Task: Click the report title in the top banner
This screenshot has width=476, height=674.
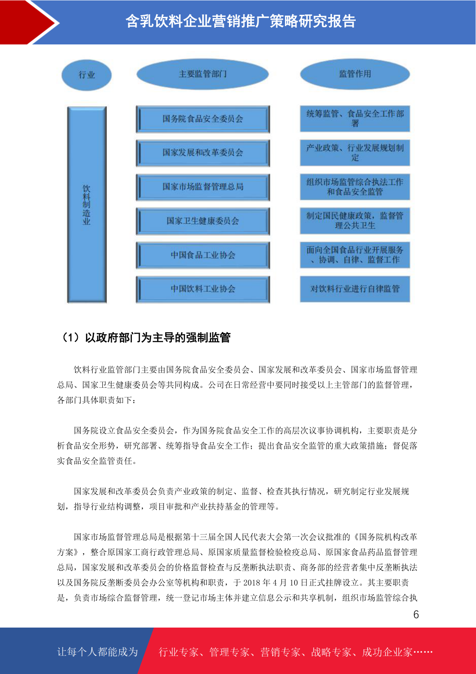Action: pyautogui.click(x=241, y=21)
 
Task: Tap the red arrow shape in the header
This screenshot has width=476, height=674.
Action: pyautogui.click(x=24, y=22)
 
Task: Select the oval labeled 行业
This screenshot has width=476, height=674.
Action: pyautogui.click(x=86, y=75)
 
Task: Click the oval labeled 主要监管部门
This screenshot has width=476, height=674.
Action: pyautogui.click(x=203, y=74)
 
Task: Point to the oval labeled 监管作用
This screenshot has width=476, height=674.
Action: pyautogui.click(x=355, y=74)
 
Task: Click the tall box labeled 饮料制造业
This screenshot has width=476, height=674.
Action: pyautogui.click(x=87, y=205)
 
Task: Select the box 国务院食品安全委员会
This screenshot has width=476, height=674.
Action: pyautogui.click(x=203, y=119)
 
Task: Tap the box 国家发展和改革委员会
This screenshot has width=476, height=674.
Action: pyautogui.click(x=203, y=152)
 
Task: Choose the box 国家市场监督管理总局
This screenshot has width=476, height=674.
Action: pyautogui.click(x=203, y=187)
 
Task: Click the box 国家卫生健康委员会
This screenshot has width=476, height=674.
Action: pyautogui.click(x=203, y=221)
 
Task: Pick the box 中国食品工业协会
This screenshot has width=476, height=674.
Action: pyautogui.click(x=203, y=255)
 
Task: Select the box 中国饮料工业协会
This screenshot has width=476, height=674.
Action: pyautogui.click(x=203, y=289)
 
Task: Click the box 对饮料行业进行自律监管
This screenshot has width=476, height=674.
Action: pyautogui.click(x=355, y=289)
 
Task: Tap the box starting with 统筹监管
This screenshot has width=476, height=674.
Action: pyautogui.click(x=355, y=118)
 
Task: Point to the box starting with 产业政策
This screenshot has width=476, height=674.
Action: pyautogui.click(x=355, y=152)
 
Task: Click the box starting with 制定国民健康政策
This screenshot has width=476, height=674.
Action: pyautogui.click(x=355, y=221)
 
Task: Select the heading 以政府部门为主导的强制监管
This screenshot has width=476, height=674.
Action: pyautogui.click(x=157, y=338)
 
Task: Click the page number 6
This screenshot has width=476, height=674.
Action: pyautogui.click(x=416, y=615)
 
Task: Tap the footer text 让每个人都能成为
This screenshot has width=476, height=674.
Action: pyautogui.click(x=98, y=652)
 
